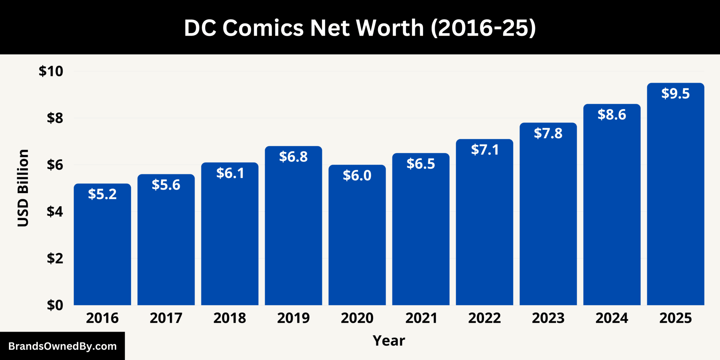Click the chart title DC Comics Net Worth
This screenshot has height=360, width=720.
click(360, 28)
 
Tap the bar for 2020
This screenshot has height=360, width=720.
click(357, 246)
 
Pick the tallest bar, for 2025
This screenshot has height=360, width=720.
click(675, 211)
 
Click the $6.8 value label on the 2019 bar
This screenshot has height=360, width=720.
click(293, 157)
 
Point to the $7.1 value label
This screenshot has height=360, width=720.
click(484, 150)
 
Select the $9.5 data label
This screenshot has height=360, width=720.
click(675, 94)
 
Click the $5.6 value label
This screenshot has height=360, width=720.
click(166, 185)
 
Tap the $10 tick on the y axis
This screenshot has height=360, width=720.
click(51, 71)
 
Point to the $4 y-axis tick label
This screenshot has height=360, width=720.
click(55, 212)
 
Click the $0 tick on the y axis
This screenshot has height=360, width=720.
click(55, 305)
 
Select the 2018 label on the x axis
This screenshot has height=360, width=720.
click(230, 318)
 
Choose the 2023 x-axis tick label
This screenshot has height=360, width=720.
click(548, 318)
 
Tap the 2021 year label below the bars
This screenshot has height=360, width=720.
click(421, 318)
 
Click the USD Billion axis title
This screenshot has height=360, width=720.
click(23, 188)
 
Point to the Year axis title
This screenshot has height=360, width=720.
click(389, 341)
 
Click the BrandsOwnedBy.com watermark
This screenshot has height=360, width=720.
click(62, 346)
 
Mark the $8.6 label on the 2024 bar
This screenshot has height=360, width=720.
click(612, 115)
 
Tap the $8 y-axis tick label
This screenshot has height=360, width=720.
click(55, 118)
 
